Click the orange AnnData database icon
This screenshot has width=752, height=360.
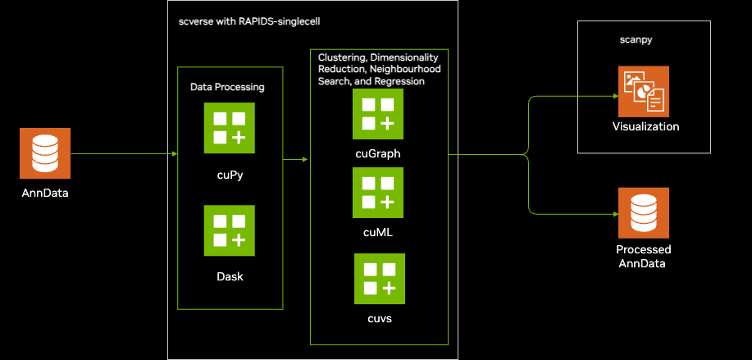[45, 153]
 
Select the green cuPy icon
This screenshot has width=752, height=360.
[230, 127]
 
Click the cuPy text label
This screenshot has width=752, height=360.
[230, 174]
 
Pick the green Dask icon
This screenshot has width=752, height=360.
[230, 230]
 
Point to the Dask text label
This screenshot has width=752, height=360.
[230, 276]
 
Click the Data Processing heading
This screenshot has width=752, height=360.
[227, 86]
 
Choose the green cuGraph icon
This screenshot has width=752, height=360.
[378, 114]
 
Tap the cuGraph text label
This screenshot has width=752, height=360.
[378, 153]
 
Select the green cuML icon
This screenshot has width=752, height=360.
[378, 193]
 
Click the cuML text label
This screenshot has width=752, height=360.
[378, 232]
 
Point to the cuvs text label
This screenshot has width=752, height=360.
[379, 318]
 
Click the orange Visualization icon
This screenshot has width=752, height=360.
[644, 92]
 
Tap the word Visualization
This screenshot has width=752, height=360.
[645, 127]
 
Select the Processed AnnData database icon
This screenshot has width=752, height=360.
[644, 213]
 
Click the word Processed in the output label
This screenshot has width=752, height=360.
[644, 249]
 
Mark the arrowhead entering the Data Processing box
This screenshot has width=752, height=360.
[175, 153]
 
